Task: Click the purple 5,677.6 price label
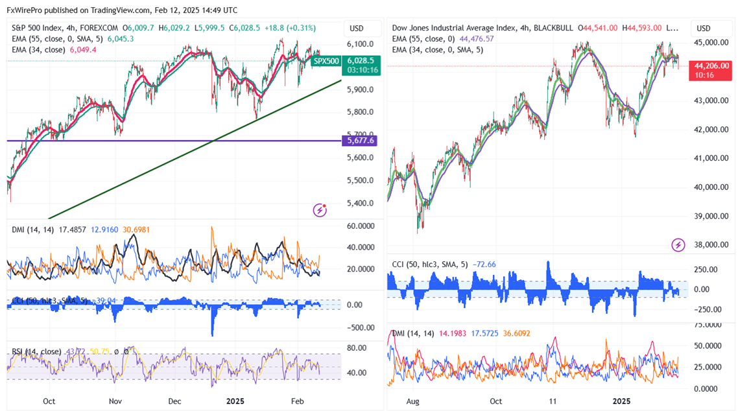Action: point(360,140)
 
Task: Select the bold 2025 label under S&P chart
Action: point(234,401)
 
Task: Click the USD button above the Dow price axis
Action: point(703,29)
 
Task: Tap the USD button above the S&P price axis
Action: point(357,29)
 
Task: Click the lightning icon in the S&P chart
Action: point(320,209)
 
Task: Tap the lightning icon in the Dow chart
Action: point(678,244)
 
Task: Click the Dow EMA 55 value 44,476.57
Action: point(477,39)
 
